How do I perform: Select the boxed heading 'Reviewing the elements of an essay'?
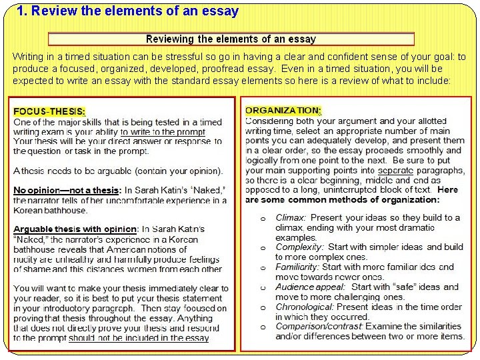point(231,39)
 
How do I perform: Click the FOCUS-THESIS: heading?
point(50,112)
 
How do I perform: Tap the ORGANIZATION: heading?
point(283,110)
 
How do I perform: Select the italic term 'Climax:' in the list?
point(291,218)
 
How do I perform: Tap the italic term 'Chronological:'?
point(305,307)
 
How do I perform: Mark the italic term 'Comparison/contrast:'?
point(319,327)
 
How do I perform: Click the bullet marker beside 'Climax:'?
point(263,219)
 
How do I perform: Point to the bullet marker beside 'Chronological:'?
point(263,307)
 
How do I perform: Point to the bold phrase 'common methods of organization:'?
point(360,199)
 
